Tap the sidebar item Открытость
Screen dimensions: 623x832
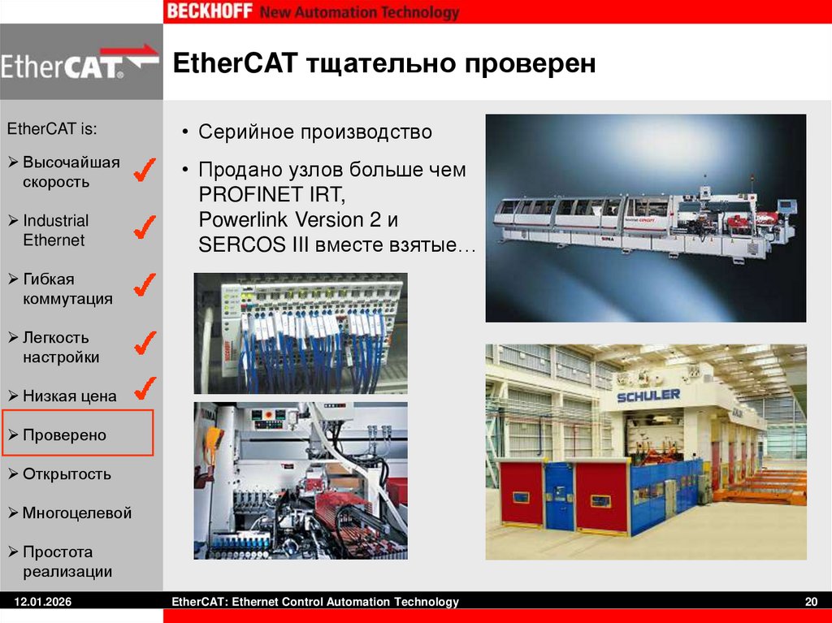click(67, 474)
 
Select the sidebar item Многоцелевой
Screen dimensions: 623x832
click(76, 513)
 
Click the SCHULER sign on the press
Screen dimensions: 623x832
click(648, 395)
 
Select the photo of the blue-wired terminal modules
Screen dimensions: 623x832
click(300, 333)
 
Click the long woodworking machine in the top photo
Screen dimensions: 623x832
click(642, 220)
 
